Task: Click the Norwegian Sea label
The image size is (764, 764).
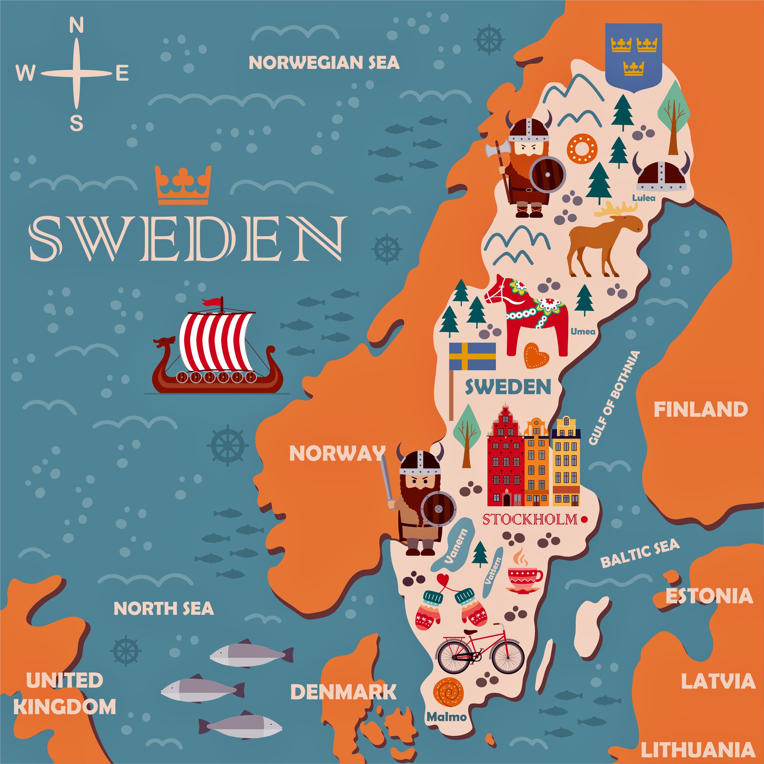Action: point(324,63)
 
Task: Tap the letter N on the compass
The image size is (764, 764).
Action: point(76,26)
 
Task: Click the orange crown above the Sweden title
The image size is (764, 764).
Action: point(183,185)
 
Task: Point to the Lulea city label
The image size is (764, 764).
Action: point(643,198)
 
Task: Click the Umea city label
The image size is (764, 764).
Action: point(583,331)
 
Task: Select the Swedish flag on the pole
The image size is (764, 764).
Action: point(472,356)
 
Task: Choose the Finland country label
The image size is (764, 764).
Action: point(700,409)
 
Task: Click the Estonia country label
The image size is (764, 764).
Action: point(709,596)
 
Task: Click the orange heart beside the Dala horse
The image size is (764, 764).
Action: point(536,356)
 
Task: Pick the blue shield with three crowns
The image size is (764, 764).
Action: point(633,57)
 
